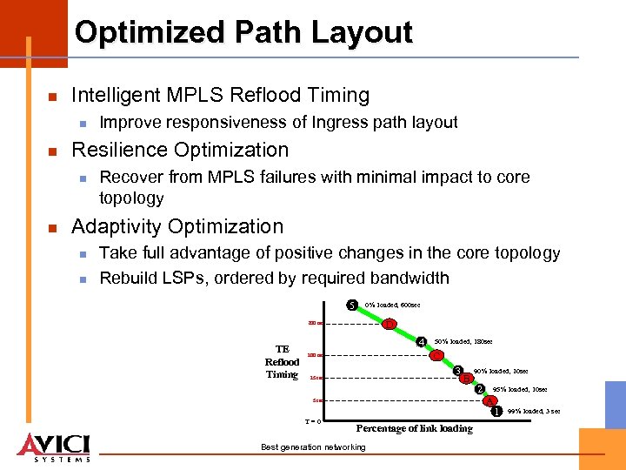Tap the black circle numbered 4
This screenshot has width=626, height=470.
click(421, 341)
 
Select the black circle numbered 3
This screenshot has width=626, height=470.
click(458, 372)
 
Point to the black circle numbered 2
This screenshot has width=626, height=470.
click(479, 389)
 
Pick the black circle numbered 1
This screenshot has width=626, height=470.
click(497, 411)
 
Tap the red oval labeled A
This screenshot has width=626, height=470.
click(489, 401)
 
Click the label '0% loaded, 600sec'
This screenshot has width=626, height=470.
click(394, 305)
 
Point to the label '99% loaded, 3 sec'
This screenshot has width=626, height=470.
click(533, 411)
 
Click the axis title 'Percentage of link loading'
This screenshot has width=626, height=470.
click(415, 428)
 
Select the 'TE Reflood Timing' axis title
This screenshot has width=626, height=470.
click(282, 361)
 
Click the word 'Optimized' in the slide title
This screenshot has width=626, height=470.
click(150, 32)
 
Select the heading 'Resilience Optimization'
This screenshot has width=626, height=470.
click(179, 149)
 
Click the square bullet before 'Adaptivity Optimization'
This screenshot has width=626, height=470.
click(51, 228)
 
